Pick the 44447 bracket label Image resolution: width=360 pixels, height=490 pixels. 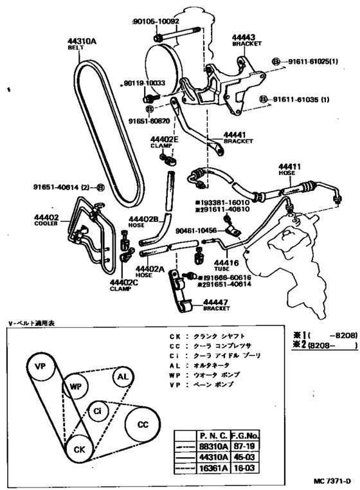(x=218, y=302)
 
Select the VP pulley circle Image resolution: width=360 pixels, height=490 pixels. (x=40, y=367)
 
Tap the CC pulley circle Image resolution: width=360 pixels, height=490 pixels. (x=143, y=425)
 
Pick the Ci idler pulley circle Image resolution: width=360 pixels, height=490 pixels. (x=97, y=410)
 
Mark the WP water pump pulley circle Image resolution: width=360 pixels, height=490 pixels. (x=75, y=388)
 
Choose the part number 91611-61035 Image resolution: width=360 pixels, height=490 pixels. (x=301, y=100)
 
